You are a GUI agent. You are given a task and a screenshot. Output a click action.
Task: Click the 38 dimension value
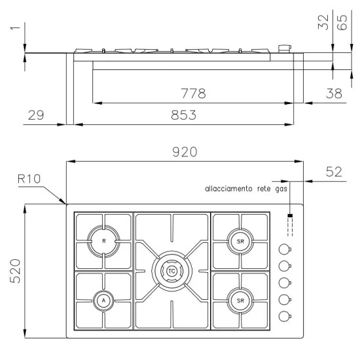tap(333, 94)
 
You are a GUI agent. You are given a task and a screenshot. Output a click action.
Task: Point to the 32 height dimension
tap(323, 24)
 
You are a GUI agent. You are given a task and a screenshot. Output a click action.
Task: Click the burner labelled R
tap(103, 242)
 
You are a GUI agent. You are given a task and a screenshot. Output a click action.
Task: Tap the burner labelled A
tap(103, 300)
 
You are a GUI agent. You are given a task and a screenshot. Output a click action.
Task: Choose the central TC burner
tap(171, 270)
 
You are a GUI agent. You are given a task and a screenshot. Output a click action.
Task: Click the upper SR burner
tap(240, 242)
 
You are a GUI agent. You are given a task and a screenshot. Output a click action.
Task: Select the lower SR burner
tap(240, 300)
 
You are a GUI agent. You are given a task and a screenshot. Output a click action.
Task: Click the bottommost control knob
tap(284, 316)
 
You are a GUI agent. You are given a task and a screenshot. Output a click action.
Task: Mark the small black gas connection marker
tap(290, 215)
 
